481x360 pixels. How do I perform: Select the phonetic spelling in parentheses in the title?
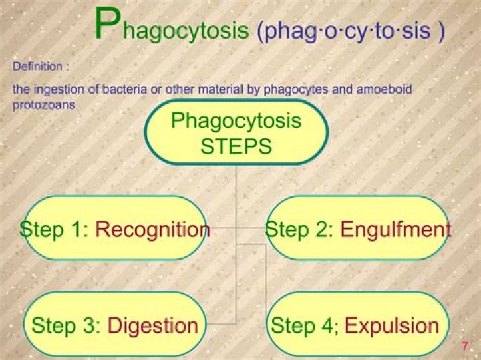(x=350, y=32)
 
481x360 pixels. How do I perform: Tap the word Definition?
(x=37, y=67)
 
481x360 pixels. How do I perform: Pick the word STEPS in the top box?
(x=236, y=146)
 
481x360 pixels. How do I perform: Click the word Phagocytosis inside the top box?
(x=236, y=121)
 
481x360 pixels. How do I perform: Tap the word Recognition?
(x=152, y=230)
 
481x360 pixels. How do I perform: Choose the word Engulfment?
(x=395, y=230)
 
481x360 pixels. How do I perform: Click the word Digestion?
(x=153, y=325)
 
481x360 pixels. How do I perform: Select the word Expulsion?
(x=391, y=325)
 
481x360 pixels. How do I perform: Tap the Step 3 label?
(x=65, y=325)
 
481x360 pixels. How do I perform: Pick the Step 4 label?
(x=305, y=325)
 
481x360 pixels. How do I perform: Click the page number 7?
(x=464, y=345)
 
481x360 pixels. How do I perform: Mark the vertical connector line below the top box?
(x=236, y=194)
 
